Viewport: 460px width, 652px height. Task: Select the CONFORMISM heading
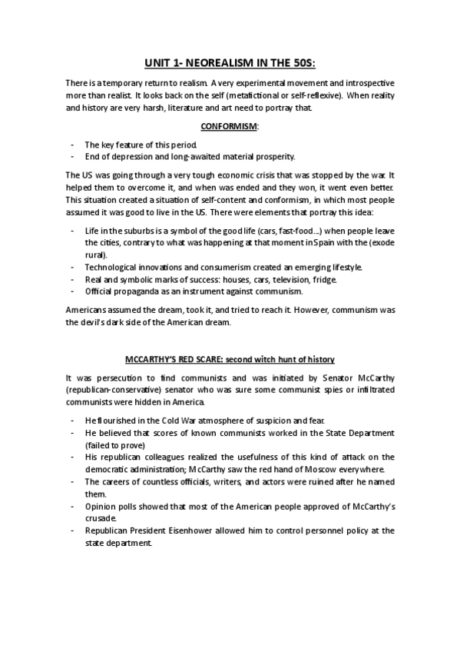point(229,125)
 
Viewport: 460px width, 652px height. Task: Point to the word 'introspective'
point(363,82)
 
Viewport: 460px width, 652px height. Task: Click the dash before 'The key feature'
point(71,145)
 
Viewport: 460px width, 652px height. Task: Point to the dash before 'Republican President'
point(71,531)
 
